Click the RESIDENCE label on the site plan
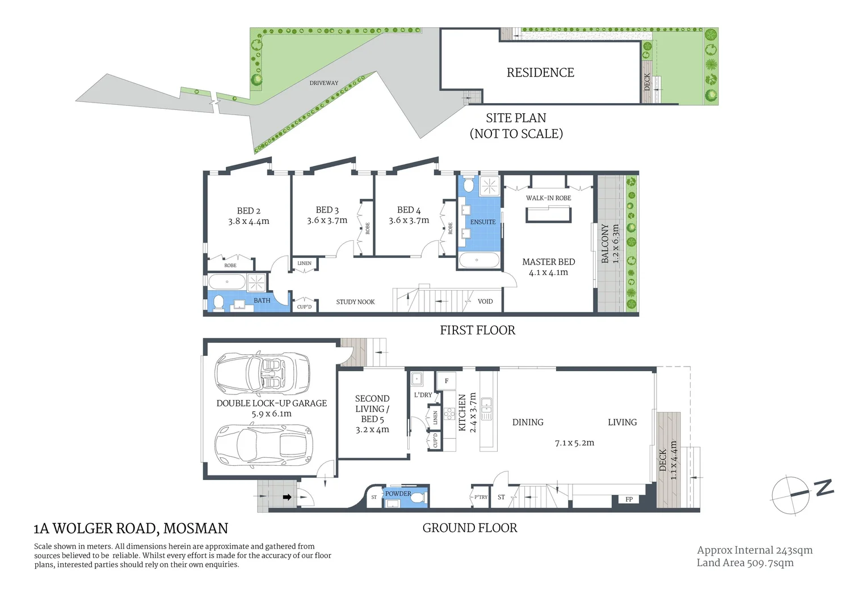(540, 73)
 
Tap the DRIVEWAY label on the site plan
(323, 83)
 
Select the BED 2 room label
(249, 211)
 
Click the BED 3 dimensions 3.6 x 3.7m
(327, 220)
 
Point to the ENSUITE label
(483, 222)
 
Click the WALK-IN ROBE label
(548, 198)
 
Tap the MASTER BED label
(548, 262)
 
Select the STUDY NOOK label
(355, 302)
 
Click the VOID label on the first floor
(485, 301)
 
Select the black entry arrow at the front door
(287, 498)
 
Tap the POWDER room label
(398, 494)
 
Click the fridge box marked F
(447, 381)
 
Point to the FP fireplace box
(629, 499)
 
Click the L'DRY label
(423, 395)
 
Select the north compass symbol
(800, 494)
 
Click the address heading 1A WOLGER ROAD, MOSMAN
(131, 529)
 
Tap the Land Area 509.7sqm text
(745, 563)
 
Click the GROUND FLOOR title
(470, 528)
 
